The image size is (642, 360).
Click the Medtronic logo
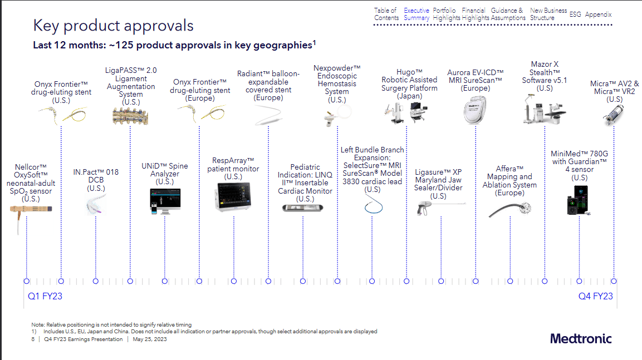pos(581,338)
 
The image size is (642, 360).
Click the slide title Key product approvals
pos(114,26)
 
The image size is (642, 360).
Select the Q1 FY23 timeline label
pos(45,296)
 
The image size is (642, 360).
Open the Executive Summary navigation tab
pos(416,14)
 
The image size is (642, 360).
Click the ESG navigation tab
pos(575,14)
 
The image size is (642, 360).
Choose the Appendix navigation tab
pos(598,14)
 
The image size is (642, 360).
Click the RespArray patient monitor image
pos(233,198)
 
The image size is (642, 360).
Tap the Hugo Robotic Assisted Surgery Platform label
pos(409,84)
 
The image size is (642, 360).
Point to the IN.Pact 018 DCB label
pos(96,180)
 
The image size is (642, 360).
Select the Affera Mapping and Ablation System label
pos(509,181)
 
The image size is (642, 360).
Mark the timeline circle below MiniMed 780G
pos(579,281)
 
